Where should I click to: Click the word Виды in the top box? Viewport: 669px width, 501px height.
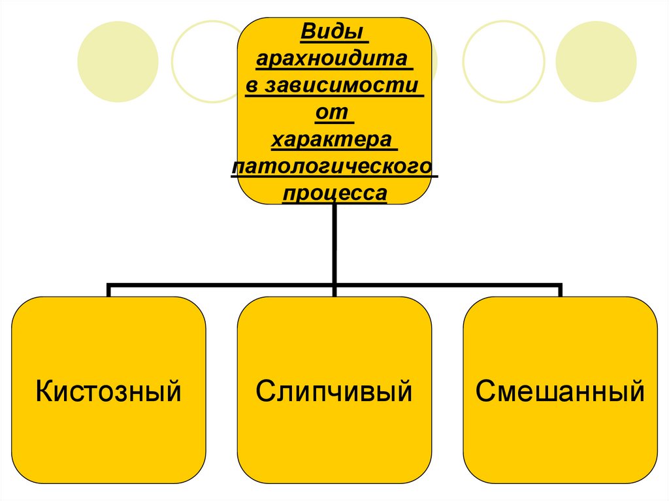(333, 32)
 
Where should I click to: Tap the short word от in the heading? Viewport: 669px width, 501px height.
(334, 114)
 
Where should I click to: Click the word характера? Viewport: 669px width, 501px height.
(334, 140)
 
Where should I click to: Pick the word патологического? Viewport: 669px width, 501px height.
(334, 167)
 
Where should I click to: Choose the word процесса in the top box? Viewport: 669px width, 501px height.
(334, 194)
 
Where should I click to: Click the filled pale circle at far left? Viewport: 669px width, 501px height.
(118, 61)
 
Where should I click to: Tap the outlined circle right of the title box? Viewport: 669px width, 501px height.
(503, 61)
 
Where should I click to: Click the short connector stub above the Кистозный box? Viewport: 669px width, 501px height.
(108, 291)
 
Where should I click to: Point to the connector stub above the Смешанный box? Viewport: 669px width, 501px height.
(560, 291)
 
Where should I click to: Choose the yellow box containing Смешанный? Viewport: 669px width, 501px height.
(560, 444)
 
